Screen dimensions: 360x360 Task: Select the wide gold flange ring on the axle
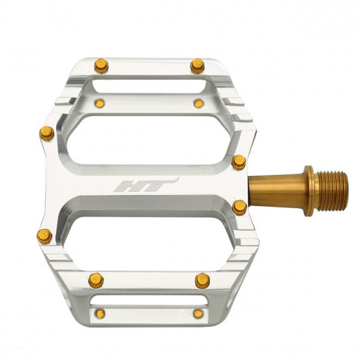(308, 190)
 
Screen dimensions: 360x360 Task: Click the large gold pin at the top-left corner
(101, 66)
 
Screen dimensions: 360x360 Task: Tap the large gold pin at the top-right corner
(197, 66)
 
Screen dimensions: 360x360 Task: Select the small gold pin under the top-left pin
(100, 103)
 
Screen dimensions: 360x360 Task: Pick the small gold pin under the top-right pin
(199, 103)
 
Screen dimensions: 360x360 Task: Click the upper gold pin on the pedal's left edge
(47, 133)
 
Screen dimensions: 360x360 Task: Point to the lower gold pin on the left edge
(44, 236)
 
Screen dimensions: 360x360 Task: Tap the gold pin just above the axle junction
(238, 162)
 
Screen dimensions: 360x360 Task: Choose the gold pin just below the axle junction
(239, 207)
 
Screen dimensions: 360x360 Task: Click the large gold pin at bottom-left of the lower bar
(96, 279)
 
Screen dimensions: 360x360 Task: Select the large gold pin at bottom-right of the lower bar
(202, 280)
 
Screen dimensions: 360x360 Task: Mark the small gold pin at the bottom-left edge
(99, 313)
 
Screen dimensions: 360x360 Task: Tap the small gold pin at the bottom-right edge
(198, 313)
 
